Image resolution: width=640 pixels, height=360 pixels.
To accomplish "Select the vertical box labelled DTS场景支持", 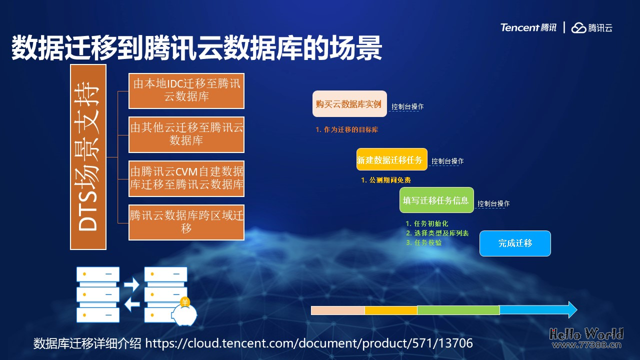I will (88, 156).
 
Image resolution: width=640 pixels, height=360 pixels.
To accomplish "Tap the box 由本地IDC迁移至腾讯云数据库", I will (186, 90).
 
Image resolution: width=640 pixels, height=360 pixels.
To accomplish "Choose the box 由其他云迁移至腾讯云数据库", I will (186, 134).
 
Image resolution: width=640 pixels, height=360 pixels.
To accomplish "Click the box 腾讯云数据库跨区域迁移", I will (186, 222).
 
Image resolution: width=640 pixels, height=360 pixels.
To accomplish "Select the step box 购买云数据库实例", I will (349, 104).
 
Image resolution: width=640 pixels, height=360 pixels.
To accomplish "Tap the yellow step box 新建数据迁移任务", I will (391, 160).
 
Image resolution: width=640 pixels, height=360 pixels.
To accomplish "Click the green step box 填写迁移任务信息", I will (436, 200).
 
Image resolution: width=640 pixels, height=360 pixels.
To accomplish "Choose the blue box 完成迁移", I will (515, 243).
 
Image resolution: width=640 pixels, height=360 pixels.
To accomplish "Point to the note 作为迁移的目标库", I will (346, 130).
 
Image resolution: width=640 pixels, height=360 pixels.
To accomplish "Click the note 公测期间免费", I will (386, 180).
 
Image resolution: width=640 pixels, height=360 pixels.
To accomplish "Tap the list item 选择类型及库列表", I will (437, 233).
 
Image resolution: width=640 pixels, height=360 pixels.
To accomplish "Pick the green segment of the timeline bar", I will (458, 310).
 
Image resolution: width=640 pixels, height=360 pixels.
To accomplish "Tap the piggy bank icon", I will (183, 312).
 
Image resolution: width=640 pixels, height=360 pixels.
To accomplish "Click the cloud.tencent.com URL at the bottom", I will (308, 343).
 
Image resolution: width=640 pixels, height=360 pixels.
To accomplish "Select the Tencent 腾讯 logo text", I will (528, 27).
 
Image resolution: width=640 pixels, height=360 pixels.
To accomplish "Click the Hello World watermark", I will (586, 334).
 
